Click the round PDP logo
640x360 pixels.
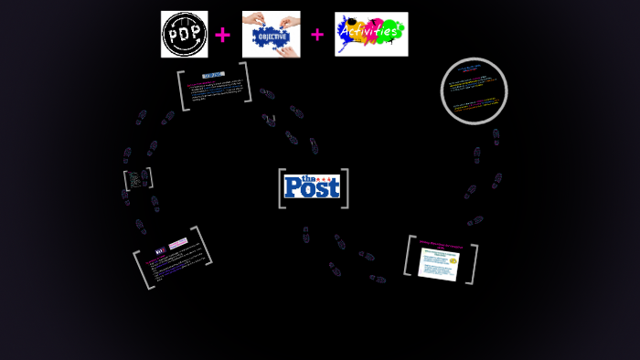[184, 35]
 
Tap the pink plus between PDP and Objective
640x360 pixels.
[222, 36]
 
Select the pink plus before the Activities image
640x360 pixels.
[317, 35]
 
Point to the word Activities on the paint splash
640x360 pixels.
[370, 33]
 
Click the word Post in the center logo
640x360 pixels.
[312, 188]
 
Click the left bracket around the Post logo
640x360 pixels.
[282, 188]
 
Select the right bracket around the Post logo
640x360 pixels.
[345, 188]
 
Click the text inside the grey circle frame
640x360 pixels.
[474, 91]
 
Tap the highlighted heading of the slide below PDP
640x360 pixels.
[213, 75]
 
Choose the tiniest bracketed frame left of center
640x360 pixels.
[137, 178]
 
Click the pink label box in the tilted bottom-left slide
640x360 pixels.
[178, 244]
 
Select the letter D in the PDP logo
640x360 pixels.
[184, 34]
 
